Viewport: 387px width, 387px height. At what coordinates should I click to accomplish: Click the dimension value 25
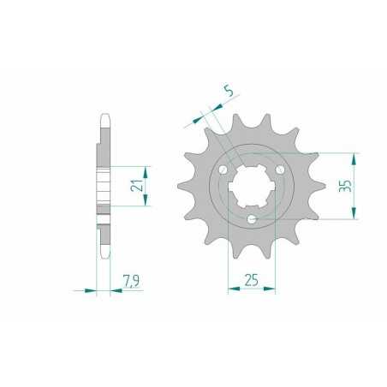coord(252,280)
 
